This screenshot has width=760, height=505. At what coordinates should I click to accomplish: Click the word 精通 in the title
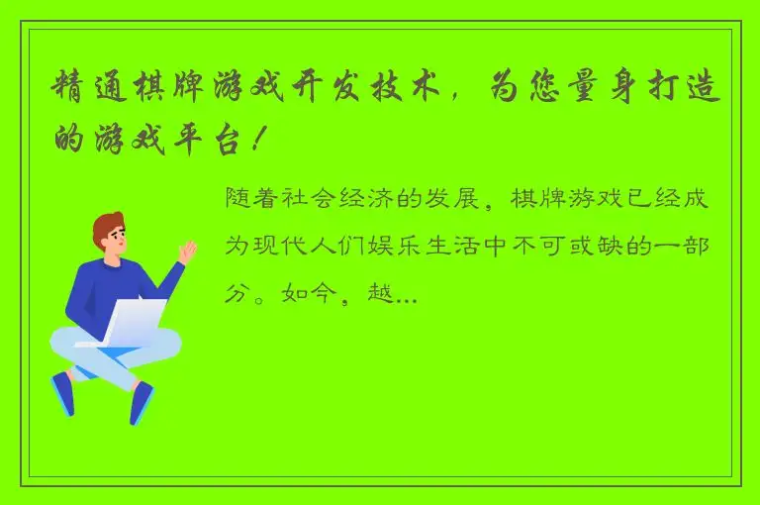84,91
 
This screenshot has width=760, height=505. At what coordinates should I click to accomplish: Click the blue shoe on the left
64,393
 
